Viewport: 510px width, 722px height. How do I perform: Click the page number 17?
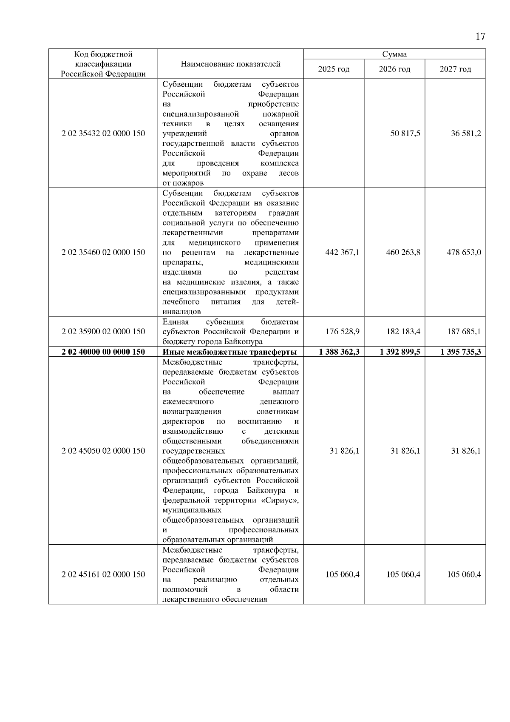[x=480, y=37]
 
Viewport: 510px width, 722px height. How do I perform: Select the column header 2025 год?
[x=334, y=69]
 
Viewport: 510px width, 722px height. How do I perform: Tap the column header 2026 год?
[x=394, y=69]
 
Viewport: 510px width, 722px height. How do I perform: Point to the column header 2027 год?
[x=455, y=69]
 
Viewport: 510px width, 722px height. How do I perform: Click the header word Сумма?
[x=394, y=54]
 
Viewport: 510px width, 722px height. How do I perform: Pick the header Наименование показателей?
[x=230, y=64]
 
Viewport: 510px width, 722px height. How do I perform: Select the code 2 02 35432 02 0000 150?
[x=103, y=134]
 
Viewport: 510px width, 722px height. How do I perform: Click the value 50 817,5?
[x=405, y=134]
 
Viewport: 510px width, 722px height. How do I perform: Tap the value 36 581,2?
[x=466, y=134]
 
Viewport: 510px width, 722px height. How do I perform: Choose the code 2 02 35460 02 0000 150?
[x=103, y=253]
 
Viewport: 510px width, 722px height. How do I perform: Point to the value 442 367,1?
[x=342, y=253]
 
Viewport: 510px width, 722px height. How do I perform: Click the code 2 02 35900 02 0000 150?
[x=103, y=332]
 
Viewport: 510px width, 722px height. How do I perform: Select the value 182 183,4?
[x=403, y=332]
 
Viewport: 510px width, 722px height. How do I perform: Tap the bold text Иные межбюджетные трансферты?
[x=229, y=352]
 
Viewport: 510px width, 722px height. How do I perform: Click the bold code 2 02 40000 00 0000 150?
[x=103, y=352]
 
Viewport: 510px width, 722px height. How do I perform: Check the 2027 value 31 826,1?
[x=466, y=451]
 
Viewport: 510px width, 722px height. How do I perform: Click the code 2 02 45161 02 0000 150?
[x=103, y=574]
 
